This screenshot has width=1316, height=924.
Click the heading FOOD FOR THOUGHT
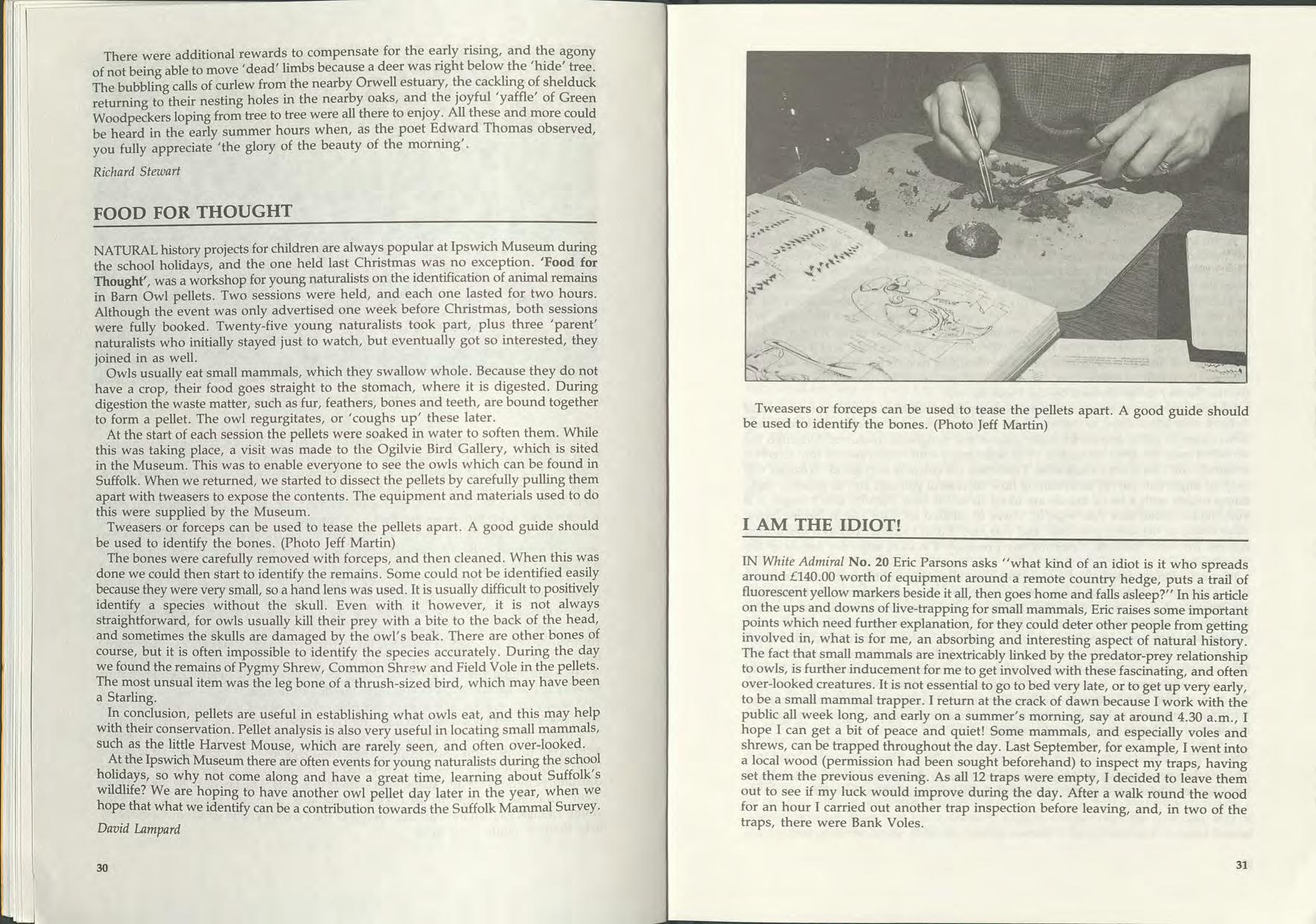(192, 212)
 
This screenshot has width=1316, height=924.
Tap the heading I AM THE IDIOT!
(821, 525)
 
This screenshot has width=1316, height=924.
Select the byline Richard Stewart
(136, 171)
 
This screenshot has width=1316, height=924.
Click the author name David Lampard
(139, 829)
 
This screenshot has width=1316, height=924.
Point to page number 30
(102, 867)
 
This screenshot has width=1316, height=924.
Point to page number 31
(1241, 865)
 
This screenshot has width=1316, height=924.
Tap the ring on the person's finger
(1163, 166)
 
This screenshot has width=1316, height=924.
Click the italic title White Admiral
(803, 563)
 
